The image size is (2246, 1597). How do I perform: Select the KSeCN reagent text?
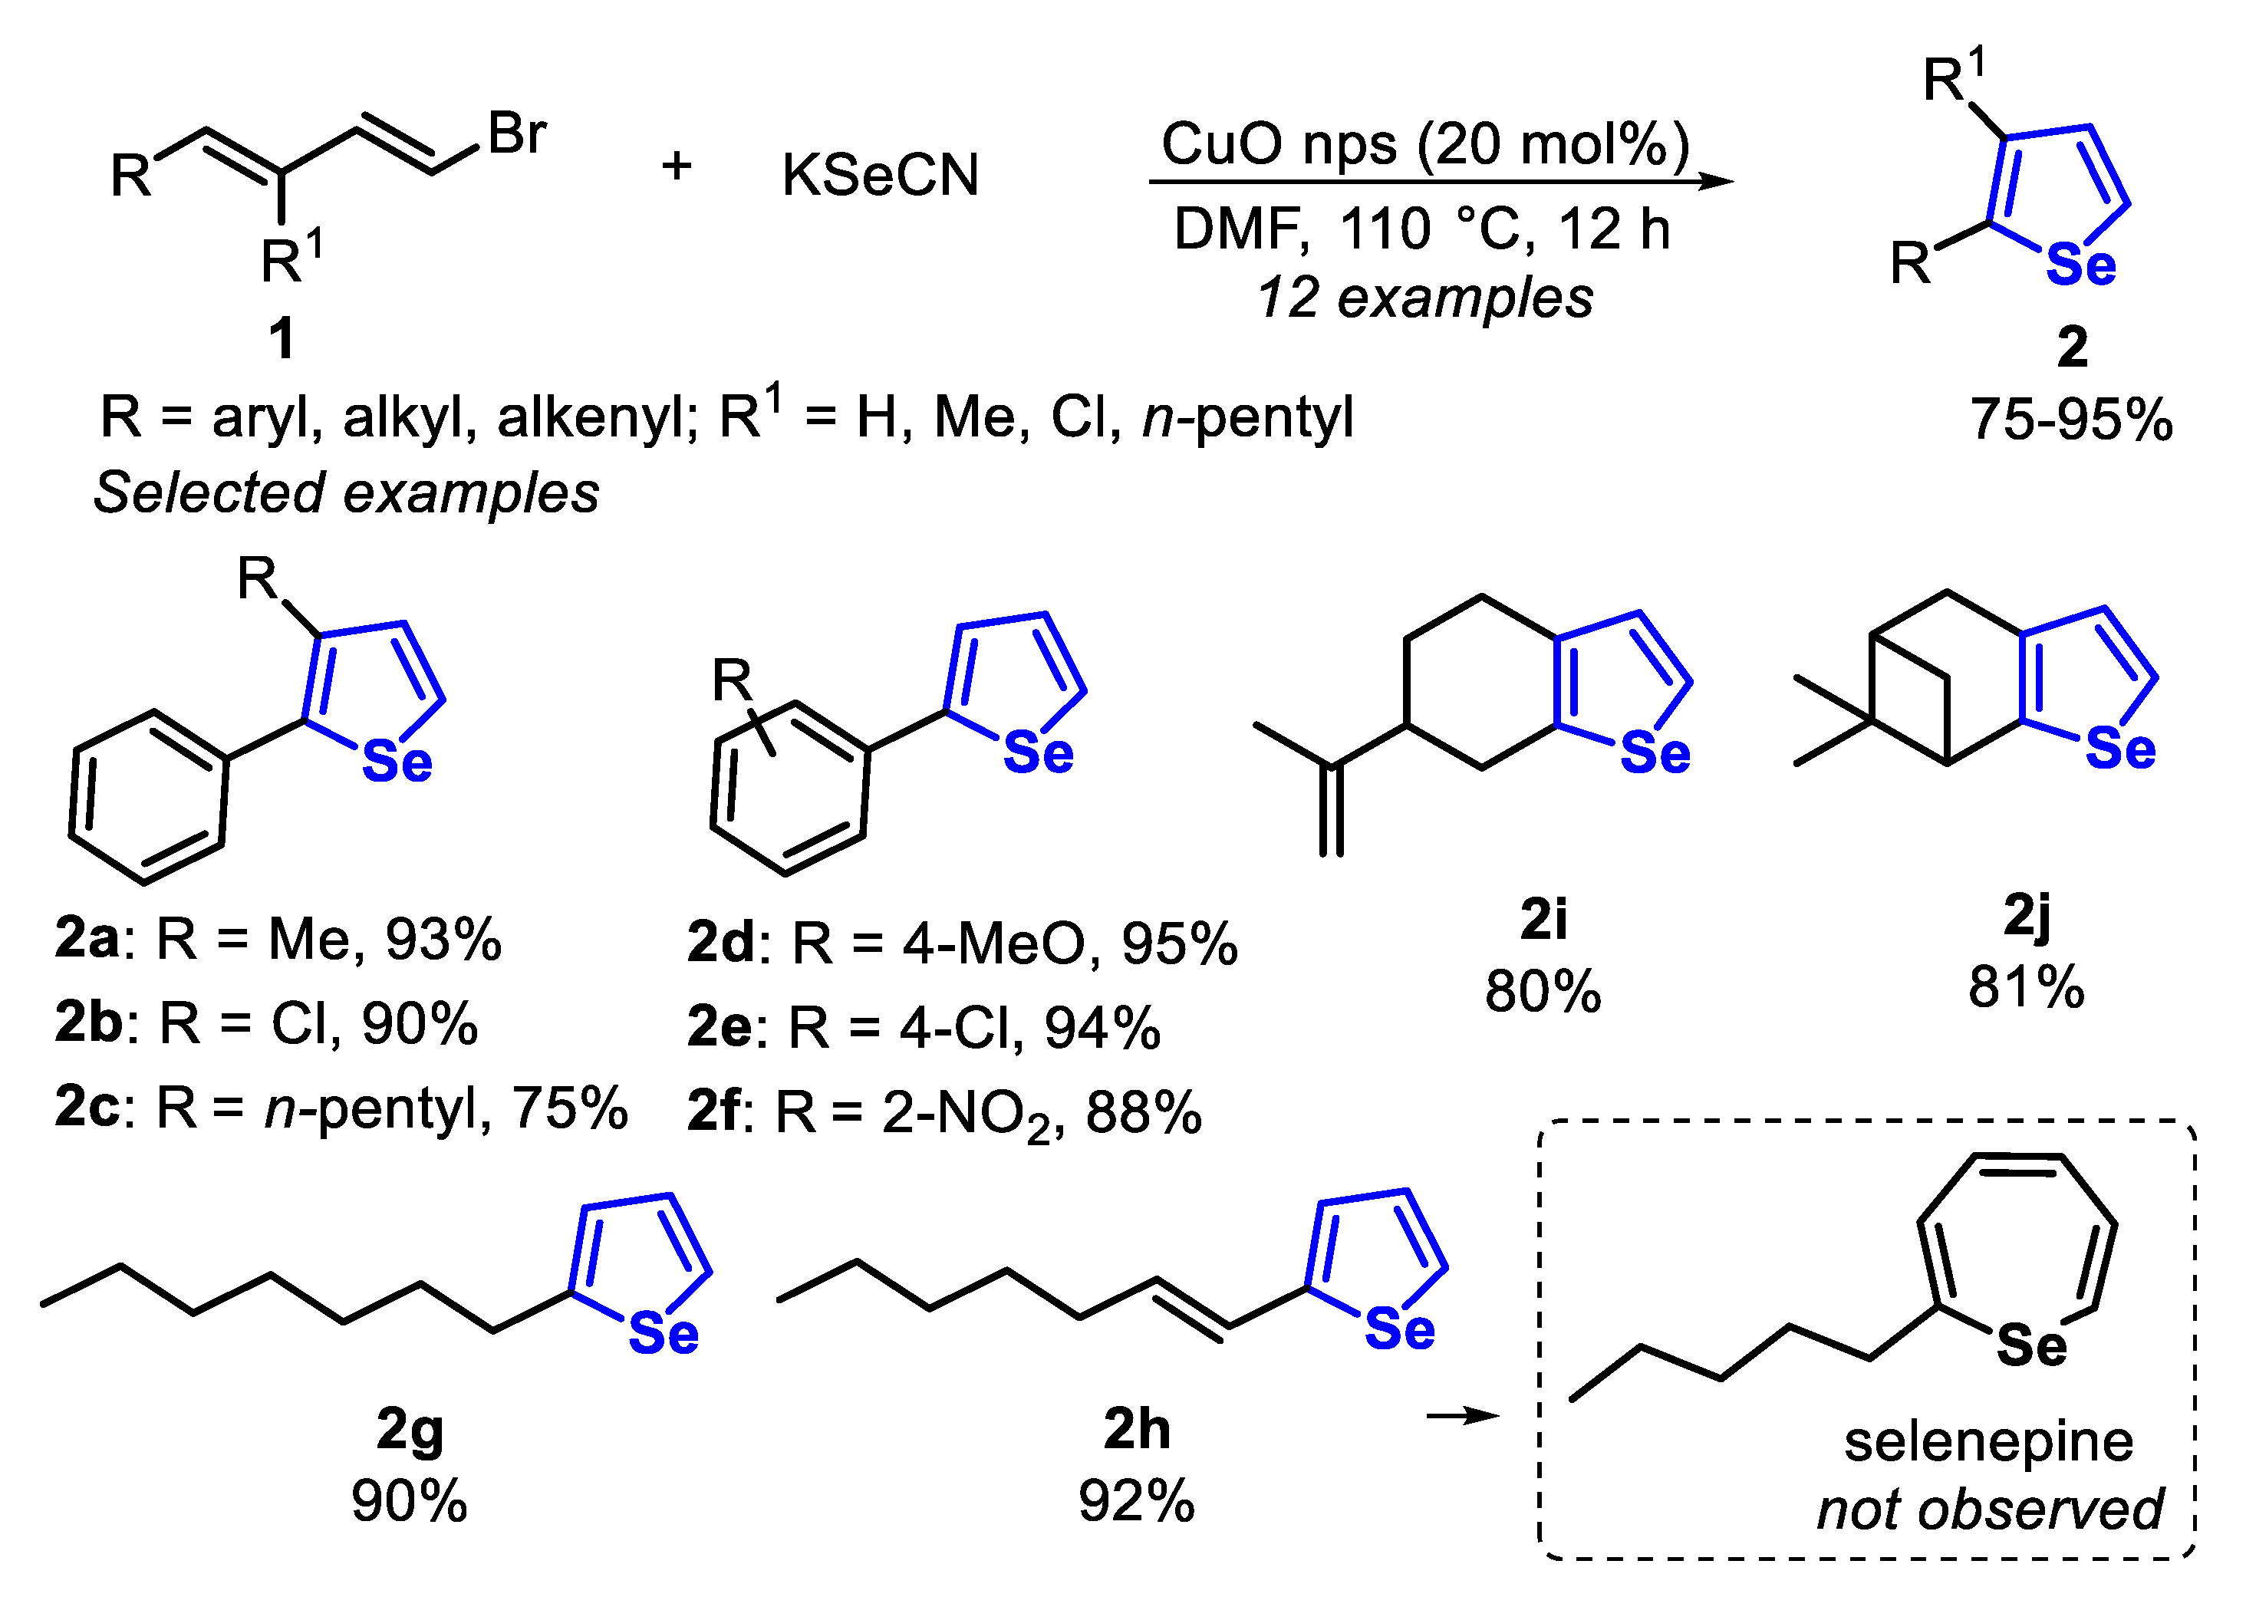click(x=880, y=176)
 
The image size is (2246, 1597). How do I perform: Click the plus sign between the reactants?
click(x=677, y=165)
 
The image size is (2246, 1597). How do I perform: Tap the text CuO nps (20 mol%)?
click(x=1425, y=143)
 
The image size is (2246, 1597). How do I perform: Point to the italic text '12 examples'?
click(x=1425, y=298)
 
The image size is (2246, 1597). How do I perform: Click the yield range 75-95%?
click(x=2071, y=420)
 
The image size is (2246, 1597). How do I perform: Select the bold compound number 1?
click(x=282, y=339)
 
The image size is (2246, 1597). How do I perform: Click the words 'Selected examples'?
click(x=346, y=492)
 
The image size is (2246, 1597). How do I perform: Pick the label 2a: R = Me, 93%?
click(x=278, y=939)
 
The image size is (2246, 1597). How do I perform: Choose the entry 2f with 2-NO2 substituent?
click(x=944, y=1115)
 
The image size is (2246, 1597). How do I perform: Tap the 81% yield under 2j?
click(x=2026, y=987)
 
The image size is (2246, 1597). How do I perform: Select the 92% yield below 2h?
click(x=1137, y=1502)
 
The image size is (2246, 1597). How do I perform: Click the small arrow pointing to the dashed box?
click(x=1464, y=1416)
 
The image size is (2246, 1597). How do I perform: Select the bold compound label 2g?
click(x=410, y=1431)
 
